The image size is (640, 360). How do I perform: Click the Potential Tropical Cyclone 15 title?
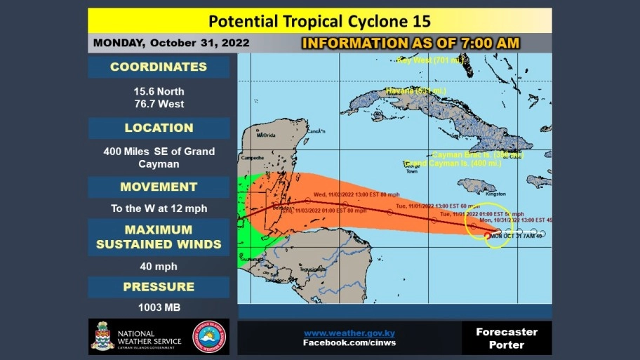[319, 20]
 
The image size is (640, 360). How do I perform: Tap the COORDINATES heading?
[159, 67]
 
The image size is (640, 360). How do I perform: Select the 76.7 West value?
[159, 104]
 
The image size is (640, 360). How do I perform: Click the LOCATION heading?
[159, 128]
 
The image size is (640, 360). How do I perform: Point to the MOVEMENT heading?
[159, 187]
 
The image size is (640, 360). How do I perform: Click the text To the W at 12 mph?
[159, 208]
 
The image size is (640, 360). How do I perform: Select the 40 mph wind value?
[159, 267]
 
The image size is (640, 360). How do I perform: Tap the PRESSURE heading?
[159, 286]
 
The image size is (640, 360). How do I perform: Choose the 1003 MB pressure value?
[159, 307]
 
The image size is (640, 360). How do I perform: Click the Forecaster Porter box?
[506, 338]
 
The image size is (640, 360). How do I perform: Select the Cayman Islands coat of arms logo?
[102, 337]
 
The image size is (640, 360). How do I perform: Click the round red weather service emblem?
[209, 338]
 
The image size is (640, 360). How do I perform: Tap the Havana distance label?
[415, 91]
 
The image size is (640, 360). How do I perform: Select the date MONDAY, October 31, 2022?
[171, 43]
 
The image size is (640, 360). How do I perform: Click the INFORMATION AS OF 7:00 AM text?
[411, 43]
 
